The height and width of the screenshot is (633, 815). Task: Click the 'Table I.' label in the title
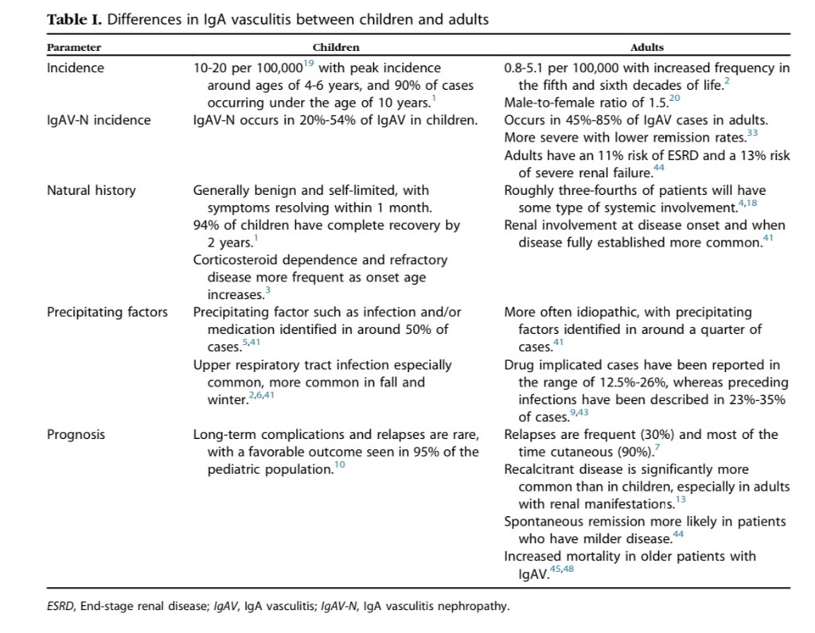(73, 19)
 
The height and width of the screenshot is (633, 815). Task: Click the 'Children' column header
(336, 48)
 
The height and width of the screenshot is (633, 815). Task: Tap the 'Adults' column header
(646, 48)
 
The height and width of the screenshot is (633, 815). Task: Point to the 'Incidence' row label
(76, 68)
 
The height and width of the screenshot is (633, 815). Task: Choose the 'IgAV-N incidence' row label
(99, 120)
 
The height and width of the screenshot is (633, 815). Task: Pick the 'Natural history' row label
(92, 190)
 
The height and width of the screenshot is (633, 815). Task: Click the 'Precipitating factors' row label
(107, 312)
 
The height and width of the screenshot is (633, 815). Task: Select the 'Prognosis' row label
(76, 435)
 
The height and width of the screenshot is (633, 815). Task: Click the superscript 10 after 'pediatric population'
(338, 465)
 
